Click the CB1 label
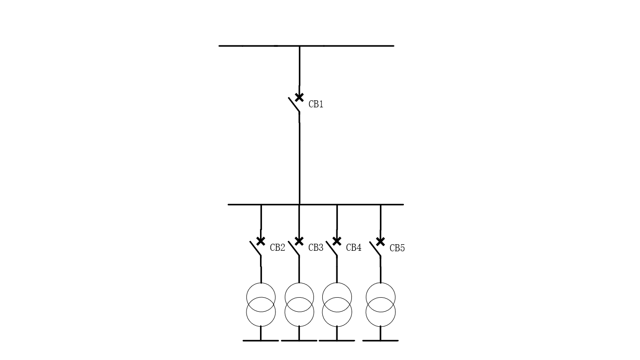[x=316, y=105]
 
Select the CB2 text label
[x=277, y=247]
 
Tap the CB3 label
[x=316, y=247]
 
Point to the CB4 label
[x=354, y=247]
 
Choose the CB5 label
[x=397, y=248]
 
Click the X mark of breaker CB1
[x=299, y=97]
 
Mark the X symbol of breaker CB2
[x=260, y=241]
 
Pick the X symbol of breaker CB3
[x=299, y=241]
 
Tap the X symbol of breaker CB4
[x=337, y=241]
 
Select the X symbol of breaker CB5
[x=380, y=241]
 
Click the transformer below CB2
[x=261, y=283]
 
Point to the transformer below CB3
[x=299, y=283]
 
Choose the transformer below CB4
[x=337, y=283]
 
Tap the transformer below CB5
[x=380, y=283]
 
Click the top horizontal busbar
[x=306, y=46]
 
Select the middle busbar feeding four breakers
[x=316, y=204]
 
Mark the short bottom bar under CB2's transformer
[x=260, y=341]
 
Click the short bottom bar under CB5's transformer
[x=380, y=341]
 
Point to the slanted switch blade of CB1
[x=294, y=105]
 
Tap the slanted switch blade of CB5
[x=375, y=249]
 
